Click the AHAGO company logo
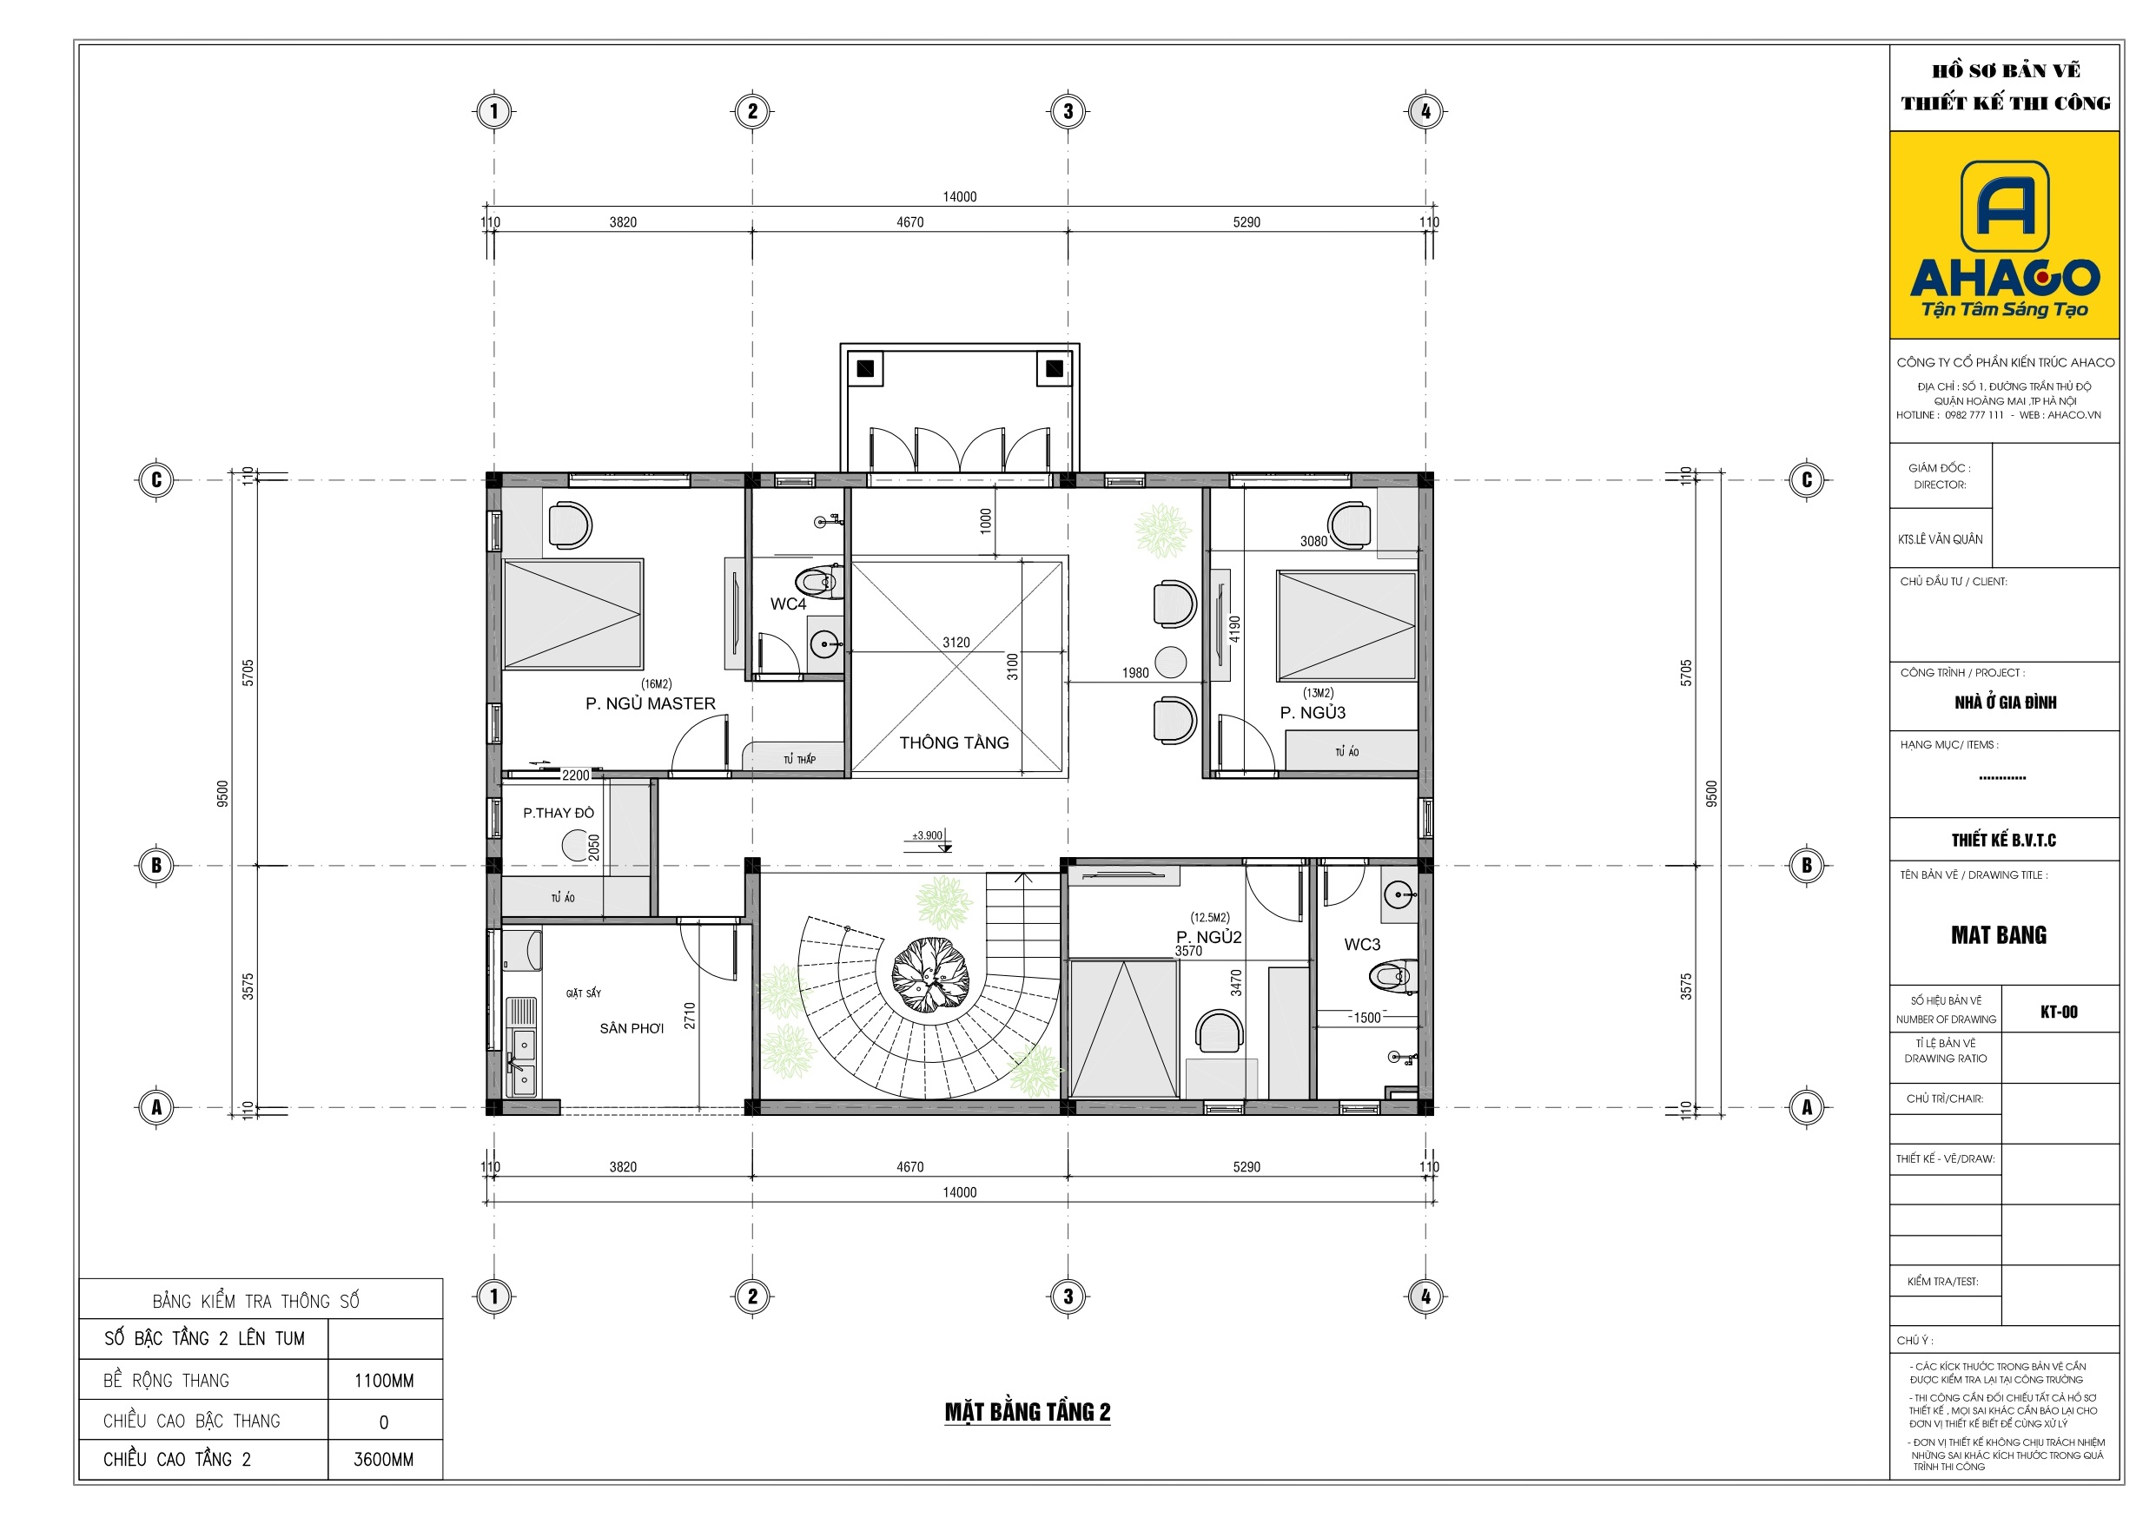click(2004, 239)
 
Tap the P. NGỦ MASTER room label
click(650, 703)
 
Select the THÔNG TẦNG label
click(954, 742)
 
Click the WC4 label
click(788, 604)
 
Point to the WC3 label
click(1361, 945)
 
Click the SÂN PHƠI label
click(631, 1028)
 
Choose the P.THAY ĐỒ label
click(558, 813)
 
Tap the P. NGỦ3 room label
click(1312, 713)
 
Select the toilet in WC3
click(1392, 977)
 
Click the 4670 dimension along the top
click(909, 222)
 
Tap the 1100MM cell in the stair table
click(384, 1381)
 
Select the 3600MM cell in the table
click(384, 1459)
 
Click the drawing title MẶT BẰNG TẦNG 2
click(1028, 1412)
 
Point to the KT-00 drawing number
click(2059, 1013)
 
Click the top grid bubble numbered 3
click(1068, 112)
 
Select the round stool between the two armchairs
click(1170, 663)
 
